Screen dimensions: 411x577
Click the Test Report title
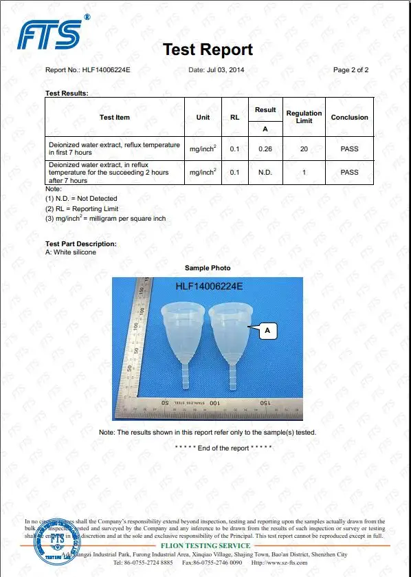208,50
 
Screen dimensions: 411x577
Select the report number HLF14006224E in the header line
106,70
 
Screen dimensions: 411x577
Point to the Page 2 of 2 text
351,70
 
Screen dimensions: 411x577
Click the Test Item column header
115,117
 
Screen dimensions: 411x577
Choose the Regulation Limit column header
304,117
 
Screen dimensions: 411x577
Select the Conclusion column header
349,117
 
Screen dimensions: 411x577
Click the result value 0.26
265,149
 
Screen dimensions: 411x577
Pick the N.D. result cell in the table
265,173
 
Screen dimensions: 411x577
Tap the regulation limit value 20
304,149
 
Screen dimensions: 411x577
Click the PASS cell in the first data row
349,149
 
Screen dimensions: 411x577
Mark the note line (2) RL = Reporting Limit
82,208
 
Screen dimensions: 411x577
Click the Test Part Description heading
80,244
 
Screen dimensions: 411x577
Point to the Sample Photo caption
208,268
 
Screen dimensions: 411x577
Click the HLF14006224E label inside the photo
209,286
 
